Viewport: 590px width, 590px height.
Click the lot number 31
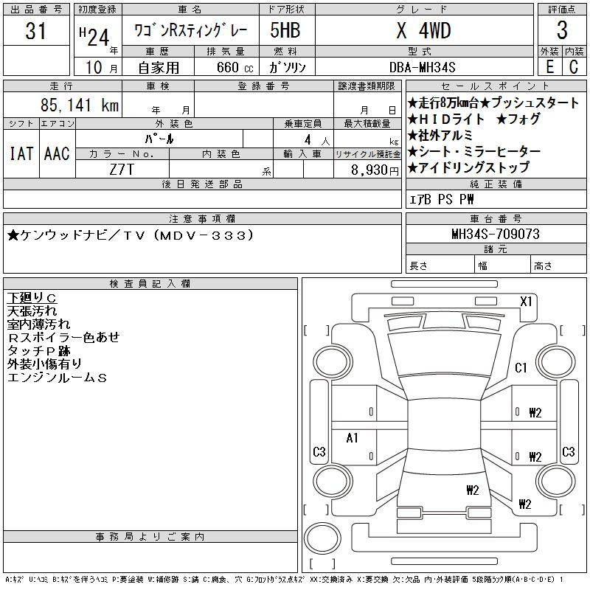point(35,30)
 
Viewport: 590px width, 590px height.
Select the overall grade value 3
point(562,30)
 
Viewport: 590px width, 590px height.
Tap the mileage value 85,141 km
point(80,105)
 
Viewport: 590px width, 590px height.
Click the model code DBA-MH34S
point(422,67)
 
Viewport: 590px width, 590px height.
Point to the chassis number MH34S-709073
point(496,234)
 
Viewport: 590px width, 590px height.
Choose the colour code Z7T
point(122,170)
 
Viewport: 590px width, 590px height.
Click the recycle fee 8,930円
point(375,170)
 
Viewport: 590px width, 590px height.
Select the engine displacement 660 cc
point(235,67)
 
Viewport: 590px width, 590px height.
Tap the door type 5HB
point(285,30)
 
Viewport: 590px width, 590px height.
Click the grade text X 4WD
point(423,30)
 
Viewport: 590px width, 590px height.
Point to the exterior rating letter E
point(549,67)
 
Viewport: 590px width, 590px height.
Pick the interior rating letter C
point(574,67)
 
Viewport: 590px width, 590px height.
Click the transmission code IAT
point(21,153)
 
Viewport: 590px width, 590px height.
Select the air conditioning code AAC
point(57,153)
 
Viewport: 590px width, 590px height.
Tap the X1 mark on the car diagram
point(526,301)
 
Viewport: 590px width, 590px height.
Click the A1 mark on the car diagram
point(352,437)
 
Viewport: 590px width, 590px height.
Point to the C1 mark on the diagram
point(521,367)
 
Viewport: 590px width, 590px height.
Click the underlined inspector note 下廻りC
point(32,298)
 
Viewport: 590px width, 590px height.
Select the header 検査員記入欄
point(150,283)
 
